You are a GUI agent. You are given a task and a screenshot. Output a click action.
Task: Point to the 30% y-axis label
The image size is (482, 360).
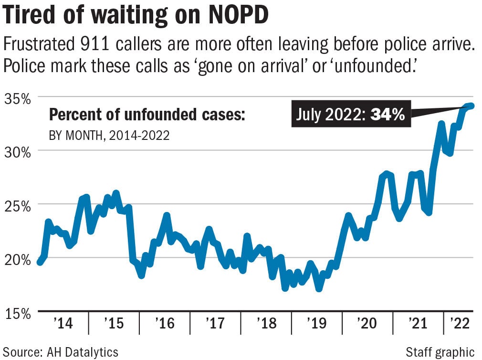pos(18,152)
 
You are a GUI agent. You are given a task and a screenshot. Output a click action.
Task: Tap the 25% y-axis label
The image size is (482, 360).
pos(18,206)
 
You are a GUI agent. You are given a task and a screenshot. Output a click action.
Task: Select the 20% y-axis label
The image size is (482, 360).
pos(18,260)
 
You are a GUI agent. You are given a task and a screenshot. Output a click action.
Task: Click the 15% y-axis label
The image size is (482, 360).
pos(18,313)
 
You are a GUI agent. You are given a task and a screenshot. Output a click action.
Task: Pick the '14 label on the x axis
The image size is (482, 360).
pos(63,324)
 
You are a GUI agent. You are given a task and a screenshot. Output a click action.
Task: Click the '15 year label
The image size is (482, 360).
pos(114,324)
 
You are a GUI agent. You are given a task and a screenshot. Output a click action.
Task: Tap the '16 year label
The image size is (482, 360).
pos(164,324)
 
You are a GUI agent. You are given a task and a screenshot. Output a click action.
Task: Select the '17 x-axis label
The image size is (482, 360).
pos(215,324)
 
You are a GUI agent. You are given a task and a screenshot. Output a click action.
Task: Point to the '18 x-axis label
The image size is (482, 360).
pos(266,324)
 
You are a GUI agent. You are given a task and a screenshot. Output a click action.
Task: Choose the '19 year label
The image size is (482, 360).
pos(316,324)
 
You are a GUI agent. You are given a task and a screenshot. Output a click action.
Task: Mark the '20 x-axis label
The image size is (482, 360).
pos(367,324)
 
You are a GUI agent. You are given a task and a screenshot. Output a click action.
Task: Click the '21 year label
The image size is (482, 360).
pos(418,324)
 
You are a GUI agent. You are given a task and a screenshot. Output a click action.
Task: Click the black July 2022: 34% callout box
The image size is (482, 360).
pos(351,115)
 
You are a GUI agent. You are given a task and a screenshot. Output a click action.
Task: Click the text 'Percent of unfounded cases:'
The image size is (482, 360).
pos(147,115)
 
